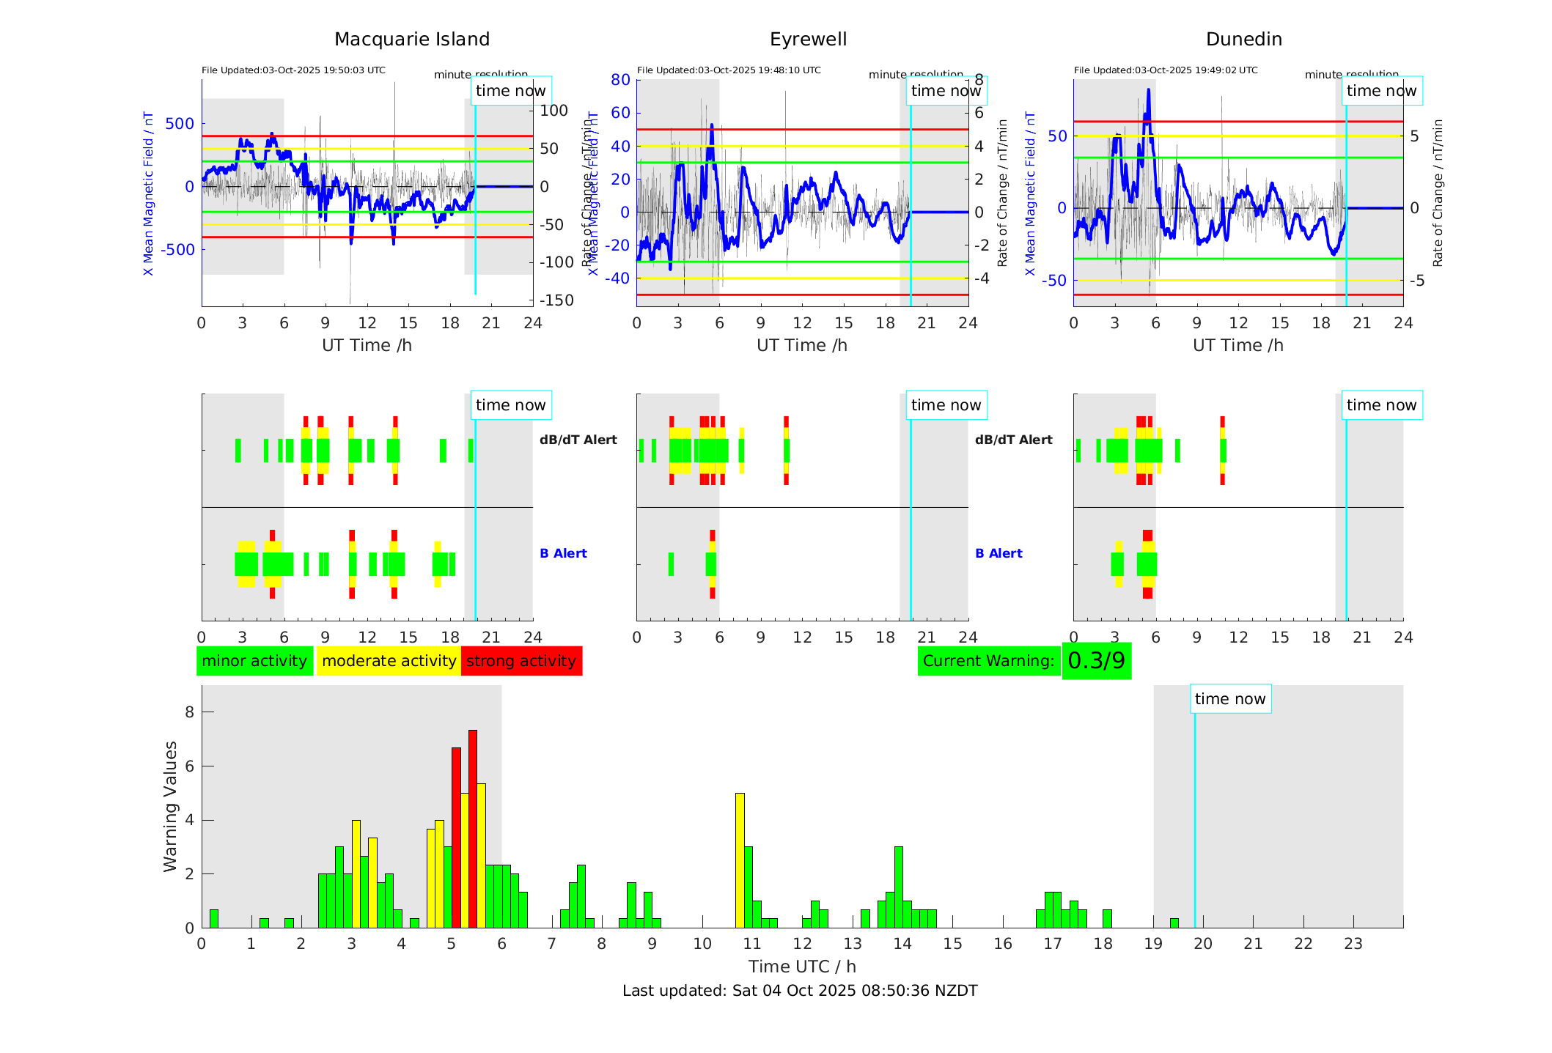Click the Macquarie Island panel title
pos(411,40)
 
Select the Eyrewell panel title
pos(808,40)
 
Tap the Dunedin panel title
pos(1243,40)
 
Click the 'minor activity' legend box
pos(254,661)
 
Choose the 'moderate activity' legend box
pos(389,661)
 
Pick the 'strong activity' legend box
pos(521,661)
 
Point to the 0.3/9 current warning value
pos(1096,661)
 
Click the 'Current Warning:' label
pos(988,661)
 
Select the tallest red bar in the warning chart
pos(473,828)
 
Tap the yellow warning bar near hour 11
pos(740,860)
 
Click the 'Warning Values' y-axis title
pos(171,806)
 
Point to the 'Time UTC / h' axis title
pos(802,967)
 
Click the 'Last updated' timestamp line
pos(800,991)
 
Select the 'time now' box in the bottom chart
pos(1230,699)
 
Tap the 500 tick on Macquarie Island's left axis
pos(180,124)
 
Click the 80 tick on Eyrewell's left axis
pos(620,80)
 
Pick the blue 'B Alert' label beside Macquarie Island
pos(563,553)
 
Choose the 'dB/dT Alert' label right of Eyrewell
pos(1013,440)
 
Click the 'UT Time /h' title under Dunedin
pos(1237,345)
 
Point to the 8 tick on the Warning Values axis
pos(190,712)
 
